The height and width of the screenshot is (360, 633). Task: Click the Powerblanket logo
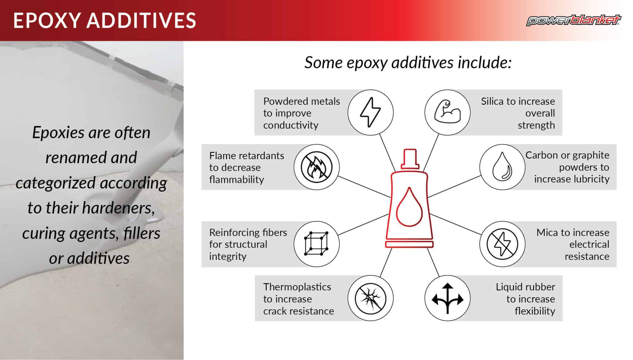(x=573, y=20)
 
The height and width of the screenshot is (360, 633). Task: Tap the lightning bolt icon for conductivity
(x=370, y=112)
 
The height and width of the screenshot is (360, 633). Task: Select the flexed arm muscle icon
(x=447, y=112)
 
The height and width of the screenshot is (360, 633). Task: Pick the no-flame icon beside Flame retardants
(x=316, y=167)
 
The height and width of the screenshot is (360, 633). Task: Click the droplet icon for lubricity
(x=502, y=167)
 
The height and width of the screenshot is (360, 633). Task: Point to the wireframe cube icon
(x=316, y=244)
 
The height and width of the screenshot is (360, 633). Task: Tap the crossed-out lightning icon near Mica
(x=502, y=244)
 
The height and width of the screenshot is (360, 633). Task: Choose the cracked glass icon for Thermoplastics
(x=370, y=298)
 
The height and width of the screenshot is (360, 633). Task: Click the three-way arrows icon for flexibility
(x=447, y=298)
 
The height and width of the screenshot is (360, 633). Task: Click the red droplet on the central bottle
(x=409, y=208)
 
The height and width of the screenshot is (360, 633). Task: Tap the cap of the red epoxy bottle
(x=410, y=158)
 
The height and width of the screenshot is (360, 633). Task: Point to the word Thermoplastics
(x=297, y=287)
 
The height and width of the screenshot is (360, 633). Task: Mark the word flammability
(x=236, y=180)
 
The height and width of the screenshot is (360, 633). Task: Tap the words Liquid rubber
(x=525, y=287)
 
